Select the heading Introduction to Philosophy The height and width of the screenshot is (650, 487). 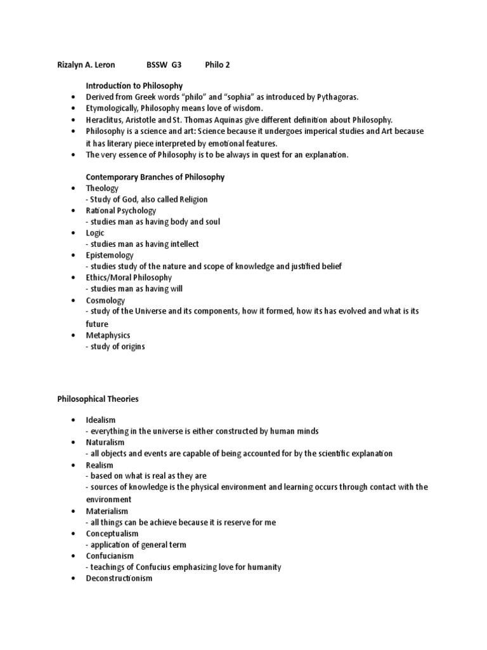[134, 86]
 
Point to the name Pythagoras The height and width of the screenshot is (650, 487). [335, 96]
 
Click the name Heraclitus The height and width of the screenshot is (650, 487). [105, 119]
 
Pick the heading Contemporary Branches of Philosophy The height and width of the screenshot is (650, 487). [155, 177]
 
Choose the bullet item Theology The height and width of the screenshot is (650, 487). [102, 189]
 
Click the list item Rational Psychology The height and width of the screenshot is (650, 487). [121, 211]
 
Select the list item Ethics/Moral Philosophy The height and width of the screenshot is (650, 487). [129, 277]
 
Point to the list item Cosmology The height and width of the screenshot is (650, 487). [105, 300]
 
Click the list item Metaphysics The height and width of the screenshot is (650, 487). [108, 335]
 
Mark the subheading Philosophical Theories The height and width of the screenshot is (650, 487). [98, 399]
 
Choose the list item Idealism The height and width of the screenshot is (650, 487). [101, 420]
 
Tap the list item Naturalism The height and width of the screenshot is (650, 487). [105, 442]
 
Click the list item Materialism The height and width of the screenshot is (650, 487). [107, 511]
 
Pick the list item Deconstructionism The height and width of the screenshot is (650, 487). [119, 579]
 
